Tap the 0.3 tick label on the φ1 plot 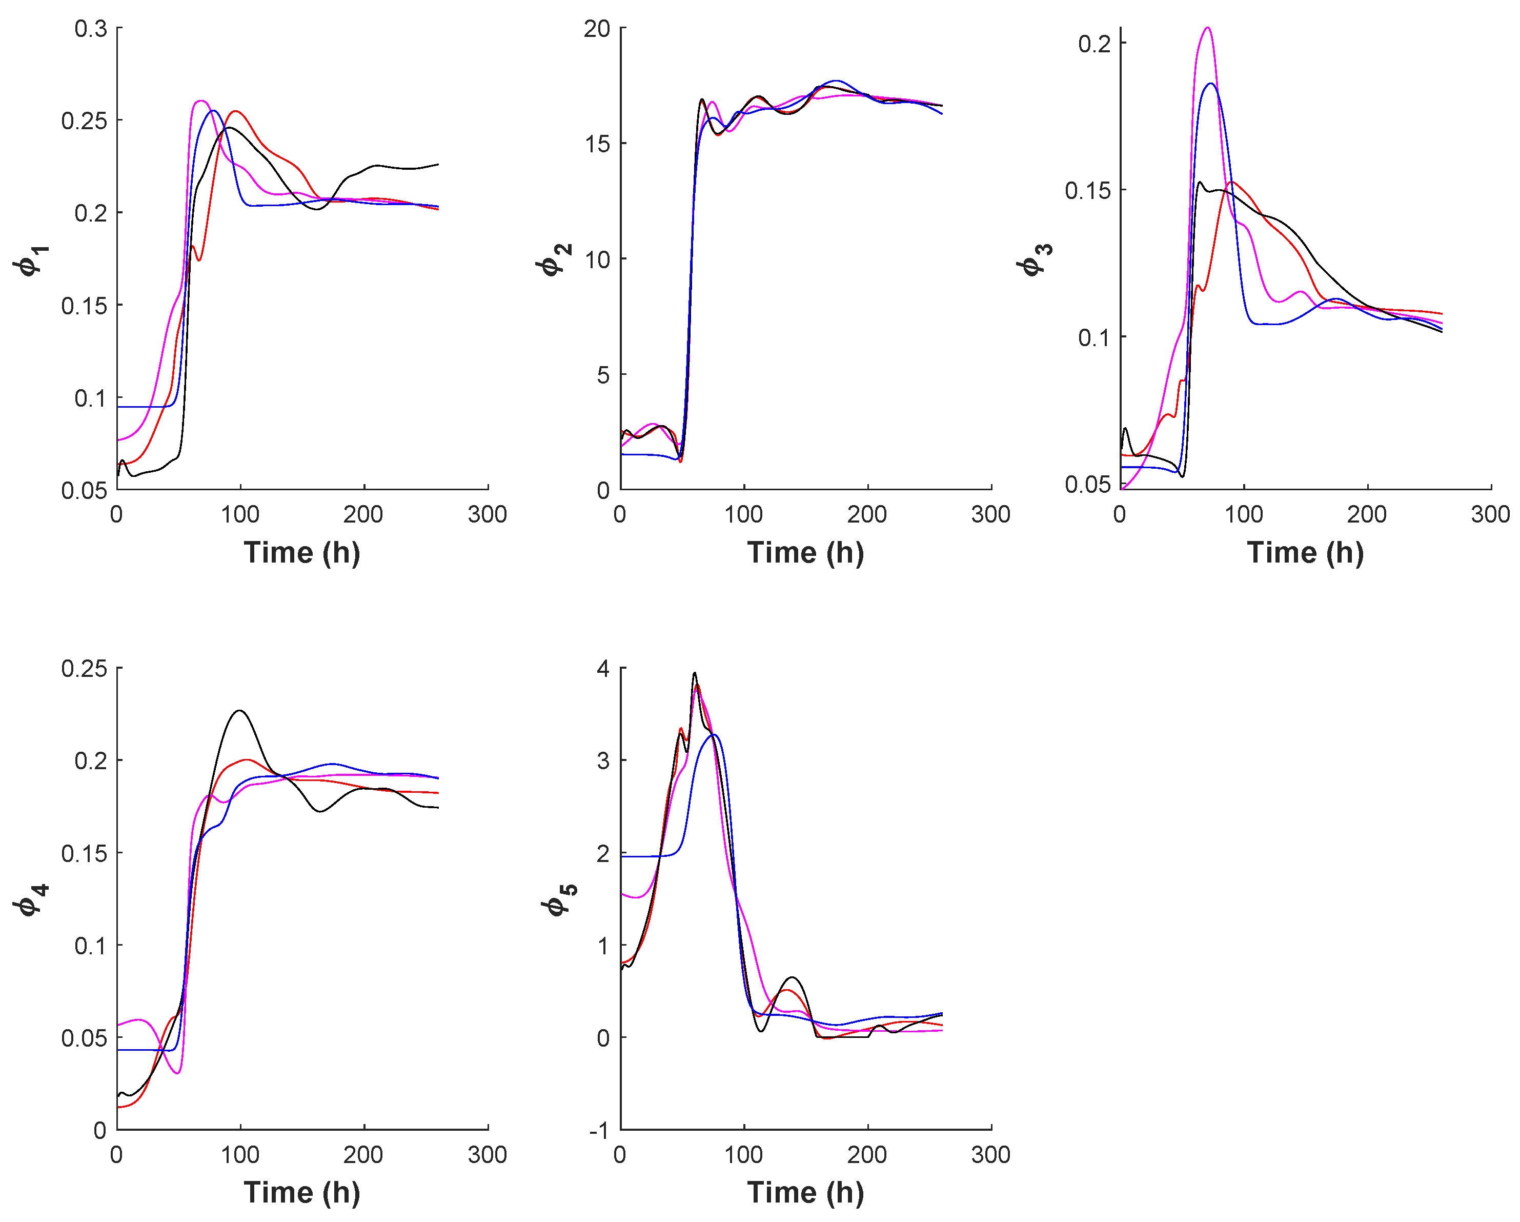(x=91, y=29)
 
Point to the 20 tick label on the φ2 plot (x=596, y=29)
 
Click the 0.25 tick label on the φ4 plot (x=84, y=669)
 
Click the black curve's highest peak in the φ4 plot (x=240, y=710)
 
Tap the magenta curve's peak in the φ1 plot (x=201, y=101)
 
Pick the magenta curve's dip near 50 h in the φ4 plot (x=178, y=1073)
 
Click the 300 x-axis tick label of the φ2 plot (x=990, y=515)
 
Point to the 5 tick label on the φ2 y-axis (x=603, y=375)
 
